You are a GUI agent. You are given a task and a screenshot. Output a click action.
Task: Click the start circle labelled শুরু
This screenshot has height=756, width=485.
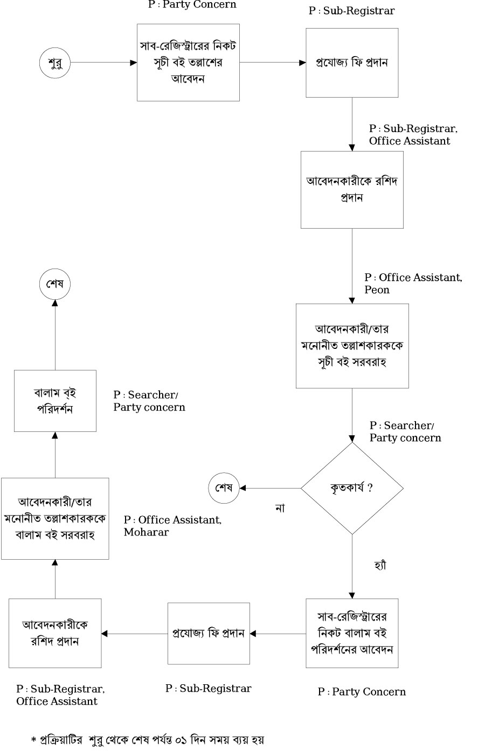[x=56, y=63]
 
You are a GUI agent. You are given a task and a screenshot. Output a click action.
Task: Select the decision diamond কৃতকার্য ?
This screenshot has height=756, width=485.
[x=352, y=488]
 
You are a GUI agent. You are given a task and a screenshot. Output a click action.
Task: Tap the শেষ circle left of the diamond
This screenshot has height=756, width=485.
[x=224, y=488]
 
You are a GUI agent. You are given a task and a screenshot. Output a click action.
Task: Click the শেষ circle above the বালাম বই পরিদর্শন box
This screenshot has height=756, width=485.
[x=56, y=284]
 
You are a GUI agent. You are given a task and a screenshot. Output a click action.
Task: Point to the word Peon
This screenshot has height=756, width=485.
[x=377, y=290]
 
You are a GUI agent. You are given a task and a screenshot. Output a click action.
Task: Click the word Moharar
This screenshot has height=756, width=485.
[x=147, y=532]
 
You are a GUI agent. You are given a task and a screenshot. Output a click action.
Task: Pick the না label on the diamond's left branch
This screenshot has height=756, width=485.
[x=280, y=508]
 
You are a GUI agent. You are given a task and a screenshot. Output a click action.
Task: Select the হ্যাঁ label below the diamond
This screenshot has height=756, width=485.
[x=380, y=565]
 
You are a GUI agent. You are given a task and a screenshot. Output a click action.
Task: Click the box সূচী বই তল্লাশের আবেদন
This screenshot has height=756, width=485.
[x=188, y=62]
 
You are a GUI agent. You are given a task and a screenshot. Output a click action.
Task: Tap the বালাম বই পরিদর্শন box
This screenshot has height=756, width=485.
[x=55, y=401]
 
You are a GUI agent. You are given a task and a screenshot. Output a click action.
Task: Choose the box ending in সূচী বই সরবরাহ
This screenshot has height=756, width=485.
[x=352, y=346]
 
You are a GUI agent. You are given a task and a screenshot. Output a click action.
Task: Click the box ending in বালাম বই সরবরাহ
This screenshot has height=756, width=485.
[x=55, y=518]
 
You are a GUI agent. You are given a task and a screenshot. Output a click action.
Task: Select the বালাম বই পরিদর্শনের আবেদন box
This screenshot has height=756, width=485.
[x=352, y=633]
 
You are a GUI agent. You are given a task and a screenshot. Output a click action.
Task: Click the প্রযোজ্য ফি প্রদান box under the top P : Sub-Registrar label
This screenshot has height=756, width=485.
[x=352, y=63]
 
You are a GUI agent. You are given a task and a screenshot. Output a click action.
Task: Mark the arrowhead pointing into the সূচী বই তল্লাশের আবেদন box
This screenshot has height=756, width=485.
[x=134, y=63]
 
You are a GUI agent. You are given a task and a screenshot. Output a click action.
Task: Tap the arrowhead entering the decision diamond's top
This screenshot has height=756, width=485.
[x=352, y=438]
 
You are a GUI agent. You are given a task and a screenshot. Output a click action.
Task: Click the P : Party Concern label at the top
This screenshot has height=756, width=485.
[x=192, y=5]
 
